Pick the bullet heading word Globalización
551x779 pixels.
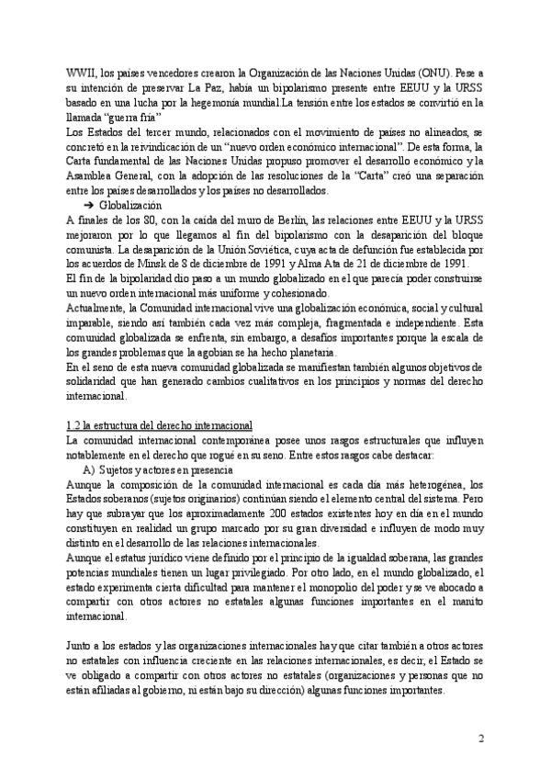(x=135, y=205)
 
